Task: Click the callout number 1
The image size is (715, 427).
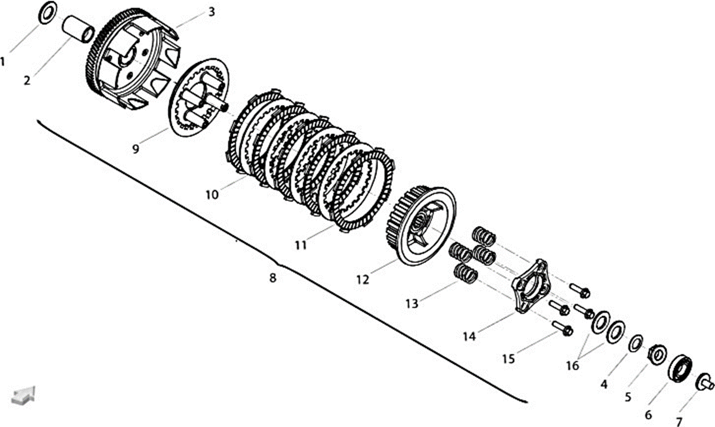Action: pos(2,61)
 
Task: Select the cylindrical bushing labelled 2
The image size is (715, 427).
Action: pos(79,31)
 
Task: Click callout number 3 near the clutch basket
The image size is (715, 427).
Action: pos(212,12)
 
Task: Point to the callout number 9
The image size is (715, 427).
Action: pos(136,149)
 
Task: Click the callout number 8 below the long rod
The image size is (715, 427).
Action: pos(272,278)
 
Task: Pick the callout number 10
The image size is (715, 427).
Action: pos(212,195)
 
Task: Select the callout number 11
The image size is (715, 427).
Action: pos(301,245)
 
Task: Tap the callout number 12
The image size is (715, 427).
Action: pos(363,279)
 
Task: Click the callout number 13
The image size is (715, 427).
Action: pos(412,304)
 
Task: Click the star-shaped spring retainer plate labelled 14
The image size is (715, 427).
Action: pos(530,286)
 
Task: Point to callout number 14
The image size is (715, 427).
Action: pos(470,337)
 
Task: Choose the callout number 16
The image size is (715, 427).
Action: pos(573,366)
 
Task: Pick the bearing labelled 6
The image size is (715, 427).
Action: pos(680,368)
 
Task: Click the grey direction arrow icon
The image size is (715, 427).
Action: pos(23,396)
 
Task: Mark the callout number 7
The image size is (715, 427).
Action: pos(679,421)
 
